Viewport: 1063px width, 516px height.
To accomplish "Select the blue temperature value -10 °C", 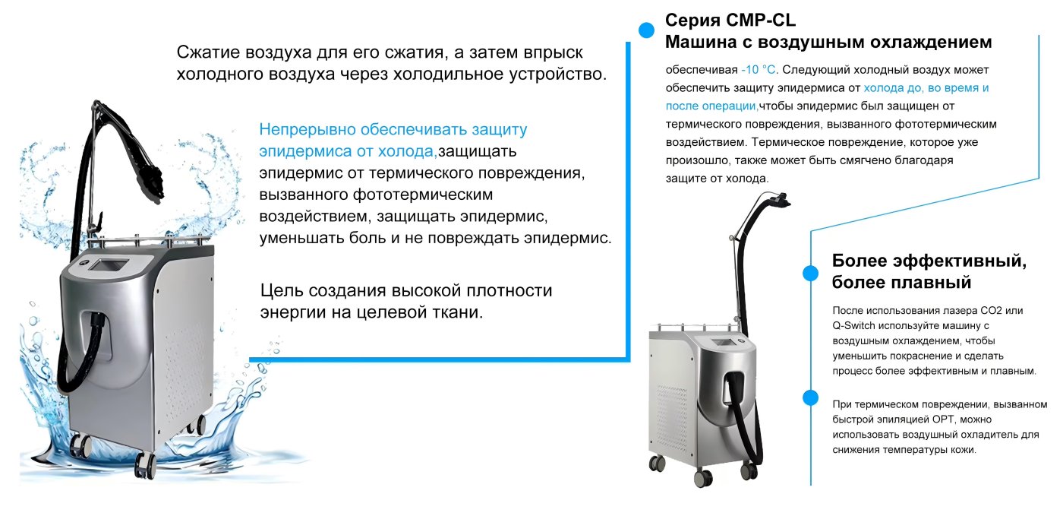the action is click(759, 70).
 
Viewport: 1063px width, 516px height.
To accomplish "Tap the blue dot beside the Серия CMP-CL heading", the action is click(646, 30).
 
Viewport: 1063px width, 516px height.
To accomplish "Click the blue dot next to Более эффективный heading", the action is click(811, 274).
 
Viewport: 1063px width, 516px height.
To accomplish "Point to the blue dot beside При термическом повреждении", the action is click(811, 397).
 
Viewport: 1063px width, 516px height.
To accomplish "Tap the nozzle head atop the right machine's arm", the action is click(781, 199).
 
